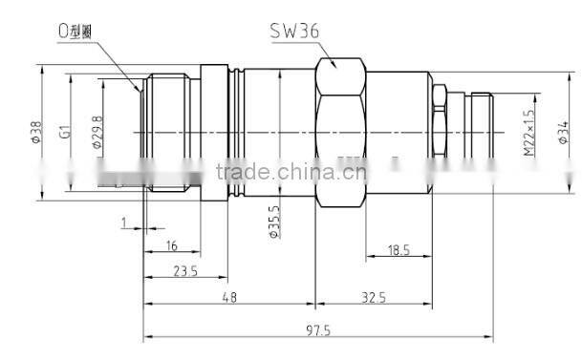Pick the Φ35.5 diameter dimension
point(274,222)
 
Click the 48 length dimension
point(229,298)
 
